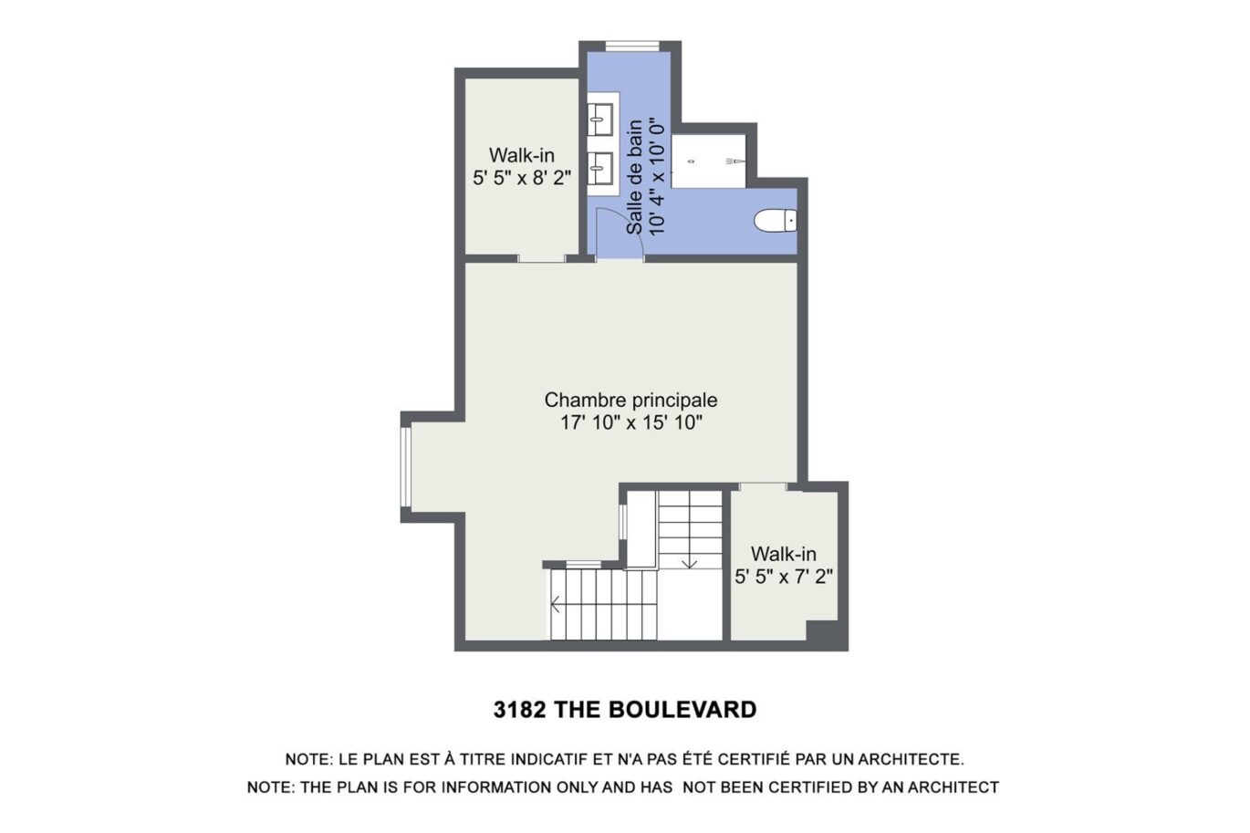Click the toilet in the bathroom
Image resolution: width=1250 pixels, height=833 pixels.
[x=776, y=220]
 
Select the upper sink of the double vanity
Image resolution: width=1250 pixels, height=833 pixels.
[x=599, y=117]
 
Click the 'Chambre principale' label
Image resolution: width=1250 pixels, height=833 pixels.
[x=630, y=400]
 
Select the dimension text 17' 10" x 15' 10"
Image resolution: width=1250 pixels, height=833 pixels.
[x=630, y=422]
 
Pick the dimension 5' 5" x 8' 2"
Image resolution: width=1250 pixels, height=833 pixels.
[x=522, y=178]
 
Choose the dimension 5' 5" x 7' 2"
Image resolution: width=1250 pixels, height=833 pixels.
[x=784, y=577]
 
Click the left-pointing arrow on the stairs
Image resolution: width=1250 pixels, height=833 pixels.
[x=556, y=604]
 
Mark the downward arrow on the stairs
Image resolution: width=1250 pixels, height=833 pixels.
[x=690, y=561]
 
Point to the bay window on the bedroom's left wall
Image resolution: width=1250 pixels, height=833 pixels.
[x=406, y=465]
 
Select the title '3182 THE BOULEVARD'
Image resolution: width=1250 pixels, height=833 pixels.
[x=624, y=710]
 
